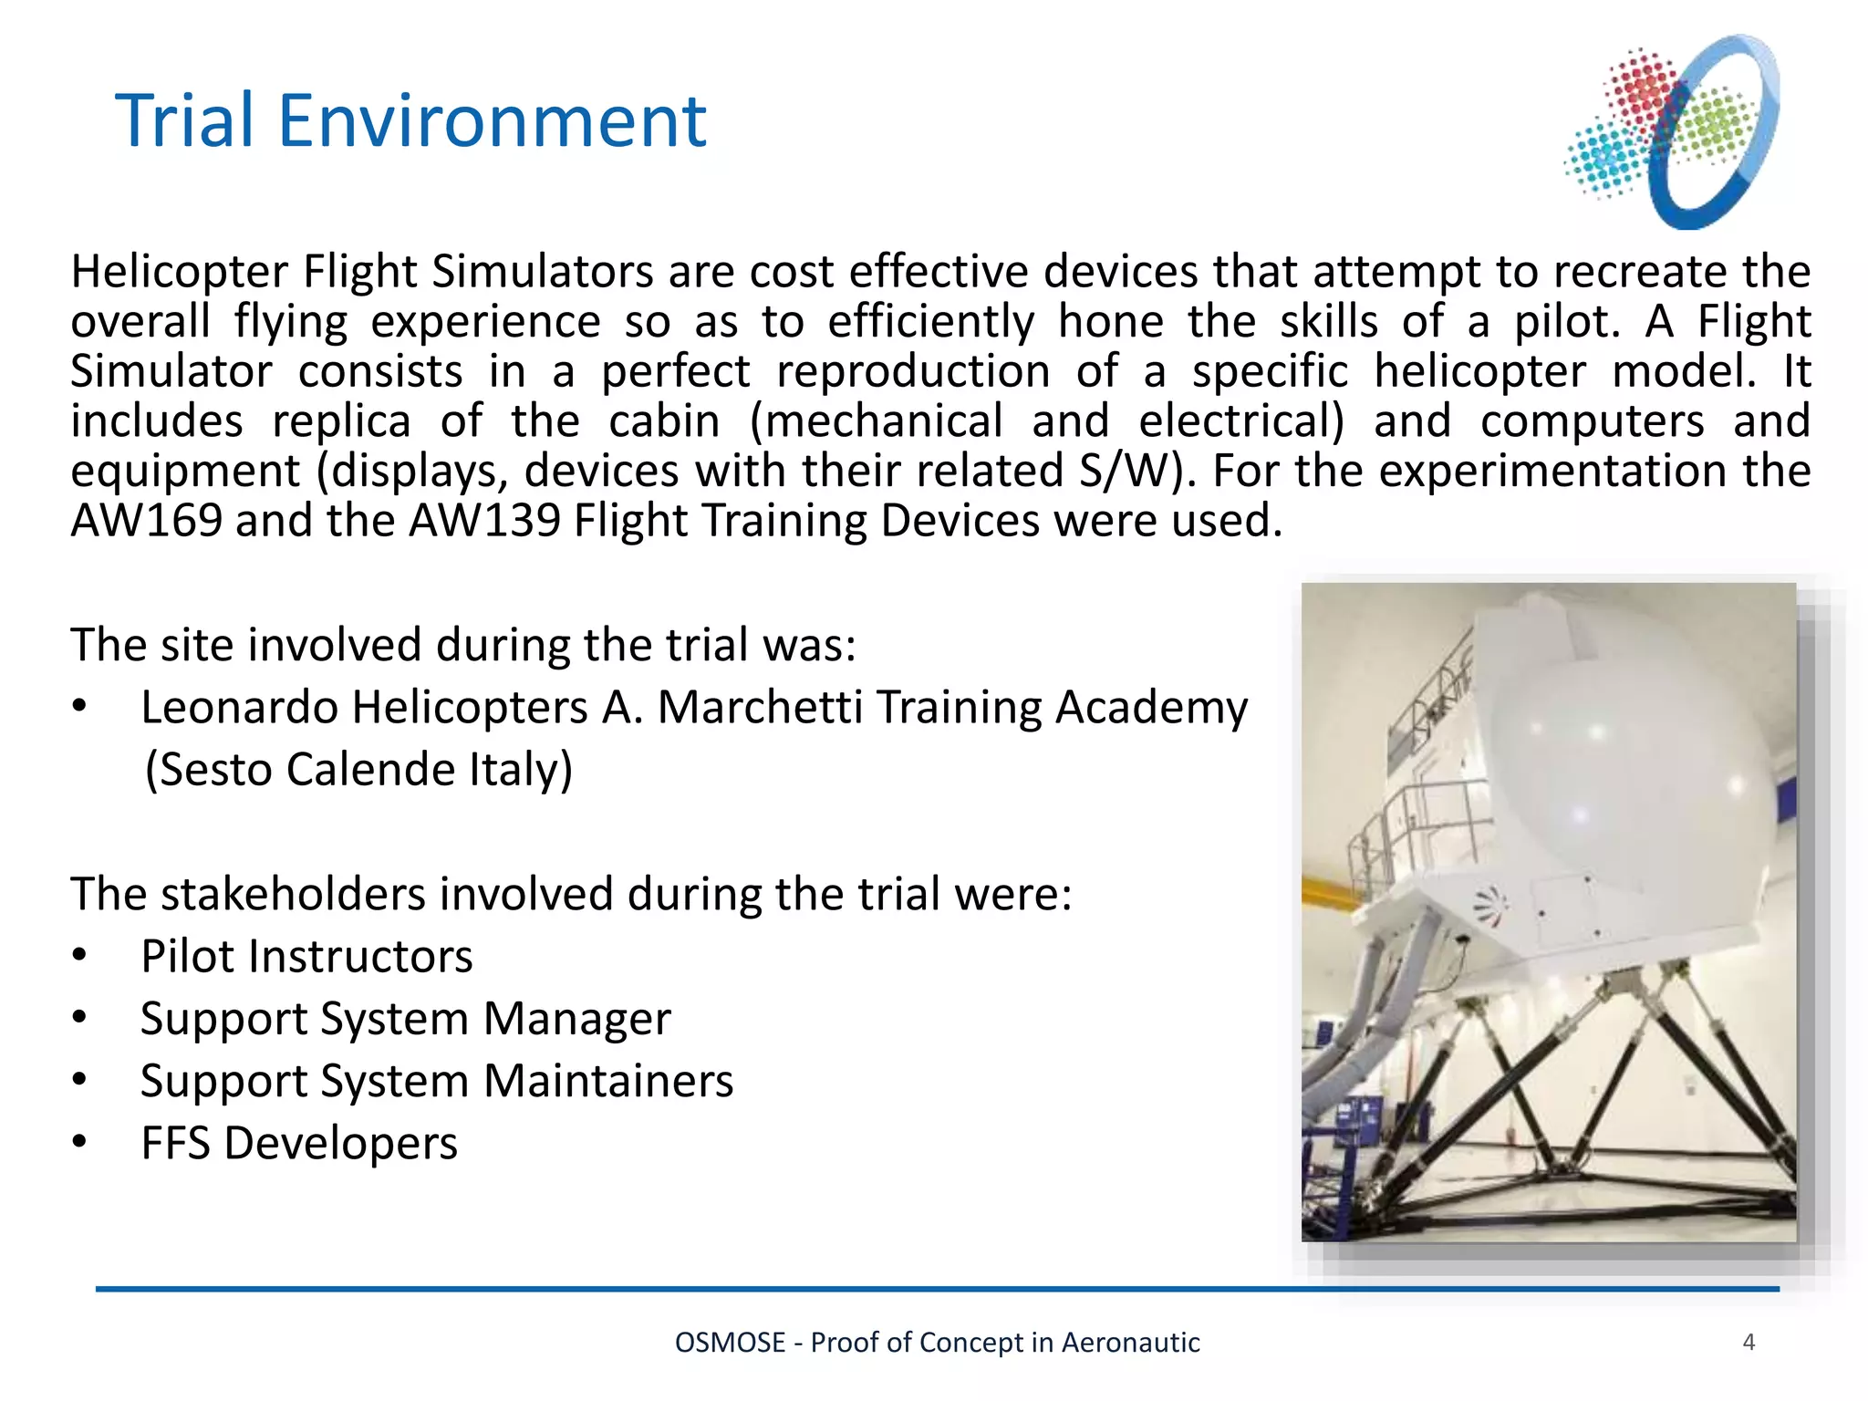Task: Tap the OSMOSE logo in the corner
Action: pyautogui.click(x=1673, y=132)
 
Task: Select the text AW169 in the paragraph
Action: pyautogui.click(x=146, y=521)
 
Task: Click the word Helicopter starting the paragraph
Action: pyautogui.click(x=180, y=273)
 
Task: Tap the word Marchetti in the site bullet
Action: pyautogui.click(x=759, y=708)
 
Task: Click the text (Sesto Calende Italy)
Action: pyautogui.click(x=358, y=770)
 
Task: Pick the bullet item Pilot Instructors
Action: pyautogui.click(x=306, y=957)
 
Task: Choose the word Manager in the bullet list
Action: pyautogui.click(x=576, y=1019)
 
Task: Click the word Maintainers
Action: pyautogui.click(x=607, y=1082)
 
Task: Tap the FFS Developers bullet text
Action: pyautogui.click(x=298, y=1144)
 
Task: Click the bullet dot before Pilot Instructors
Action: pyautogui.click(x=80, y=956)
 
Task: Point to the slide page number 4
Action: pyautogui.click(x=1749, y=1342)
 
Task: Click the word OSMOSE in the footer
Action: pyautogui.click(x=730, y=1343)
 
